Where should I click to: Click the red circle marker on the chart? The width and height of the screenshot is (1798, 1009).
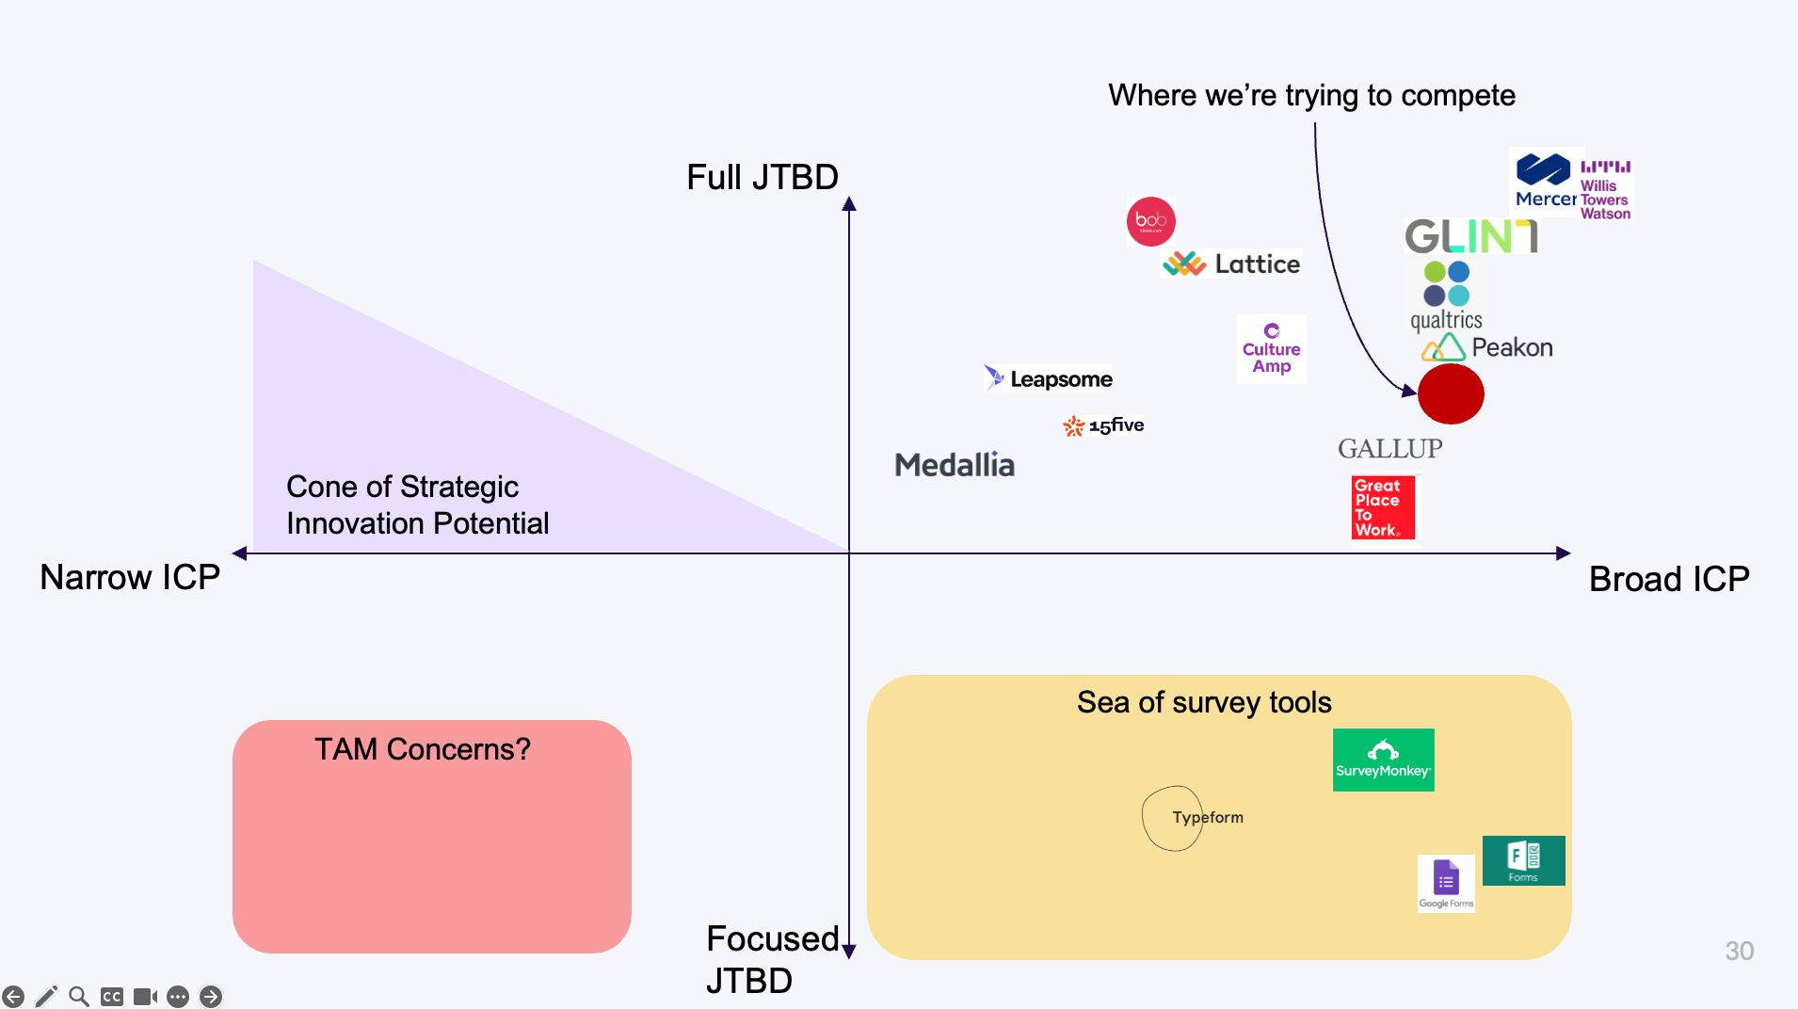[1451, 393]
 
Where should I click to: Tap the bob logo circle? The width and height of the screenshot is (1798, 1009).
[1150, 221]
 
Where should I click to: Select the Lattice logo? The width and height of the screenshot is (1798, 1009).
[1231, 264]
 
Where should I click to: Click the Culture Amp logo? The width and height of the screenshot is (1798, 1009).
[1271, 349]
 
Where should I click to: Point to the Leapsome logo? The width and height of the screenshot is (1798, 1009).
[1049, 378]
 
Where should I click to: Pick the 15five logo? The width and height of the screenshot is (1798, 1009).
[1103, 425]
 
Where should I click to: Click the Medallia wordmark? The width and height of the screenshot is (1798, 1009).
[954, 464]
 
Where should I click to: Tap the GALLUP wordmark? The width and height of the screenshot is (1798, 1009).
[1389, 449]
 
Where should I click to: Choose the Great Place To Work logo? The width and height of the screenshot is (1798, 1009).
[1382, 507]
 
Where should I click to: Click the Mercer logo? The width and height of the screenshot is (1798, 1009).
[1545, 182]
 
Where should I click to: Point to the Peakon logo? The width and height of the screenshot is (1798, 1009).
[1487, 347]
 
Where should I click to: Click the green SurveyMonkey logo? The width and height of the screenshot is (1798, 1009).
[1383, 760]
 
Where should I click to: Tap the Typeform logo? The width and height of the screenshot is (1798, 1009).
[1207, 817]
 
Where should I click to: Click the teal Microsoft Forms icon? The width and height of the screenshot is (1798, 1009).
[1523, 860]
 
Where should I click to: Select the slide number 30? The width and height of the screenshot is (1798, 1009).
[1739, 951]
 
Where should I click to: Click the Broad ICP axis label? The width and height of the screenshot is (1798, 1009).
[1668, 579]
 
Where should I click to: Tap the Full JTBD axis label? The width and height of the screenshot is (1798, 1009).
[762, 177]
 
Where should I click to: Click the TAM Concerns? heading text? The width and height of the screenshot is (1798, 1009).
[422, 749]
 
